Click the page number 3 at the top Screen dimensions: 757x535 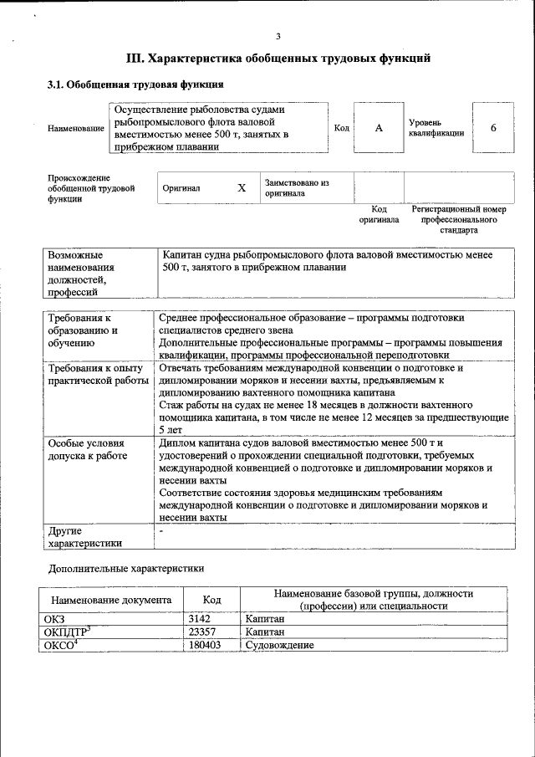278,35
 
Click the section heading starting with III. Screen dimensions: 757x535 278,59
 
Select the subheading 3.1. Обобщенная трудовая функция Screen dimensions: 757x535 135,84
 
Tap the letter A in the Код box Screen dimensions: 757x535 378,127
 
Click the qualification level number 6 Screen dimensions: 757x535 493,127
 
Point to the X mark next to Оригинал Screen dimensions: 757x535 242,188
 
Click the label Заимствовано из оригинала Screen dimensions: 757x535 297,187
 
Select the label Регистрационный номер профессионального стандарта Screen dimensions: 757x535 459,219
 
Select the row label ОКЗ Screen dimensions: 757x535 54,618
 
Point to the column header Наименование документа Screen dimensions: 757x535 111,600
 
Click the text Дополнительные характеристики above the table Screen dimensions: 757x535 126,568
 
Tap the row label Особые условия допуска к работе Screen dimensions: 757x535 88,449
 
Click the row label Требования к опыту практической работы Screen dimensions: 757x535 95,375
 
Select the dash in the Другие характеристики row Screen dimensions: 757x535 161,530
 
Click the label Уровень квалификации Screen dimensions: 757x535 436,127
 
